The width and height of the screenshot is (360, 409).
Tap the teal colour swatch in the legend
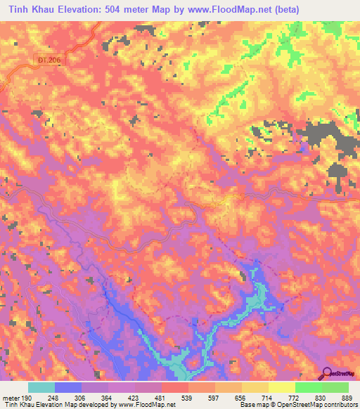click(41, 387)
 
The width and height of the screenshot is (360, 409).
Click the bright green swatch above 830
click(308, 387)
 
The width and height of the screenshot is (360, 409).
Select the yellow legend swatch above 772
click(281, 387)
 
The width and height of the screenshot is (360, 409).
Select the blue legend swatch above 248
click(68, 387)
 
